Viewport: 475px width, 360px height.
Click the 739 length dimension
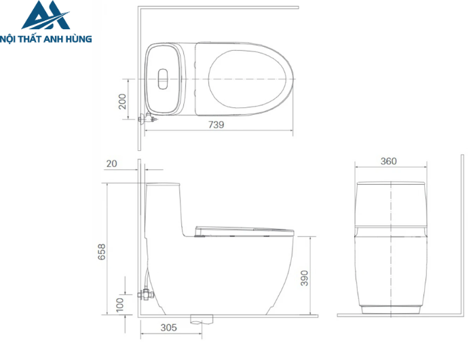[x=216, y=124]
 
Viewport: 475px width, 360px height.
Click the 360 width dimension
[x=388, y=162]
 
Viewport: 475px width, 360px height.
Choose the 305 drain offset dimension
[x=168, y=328]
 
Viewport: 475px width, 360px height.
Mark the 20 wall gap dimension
[x=112, y=164]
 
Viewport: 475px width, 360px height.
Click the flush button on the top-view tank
[x=163, y=79]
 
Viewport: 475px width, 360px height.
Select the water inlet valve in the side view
[x=146, y=294]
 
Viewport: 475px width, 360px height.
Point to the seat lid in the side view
[x=244, y=229]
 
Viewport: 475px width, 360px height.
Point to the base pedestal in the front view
[x=390, y=310]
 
